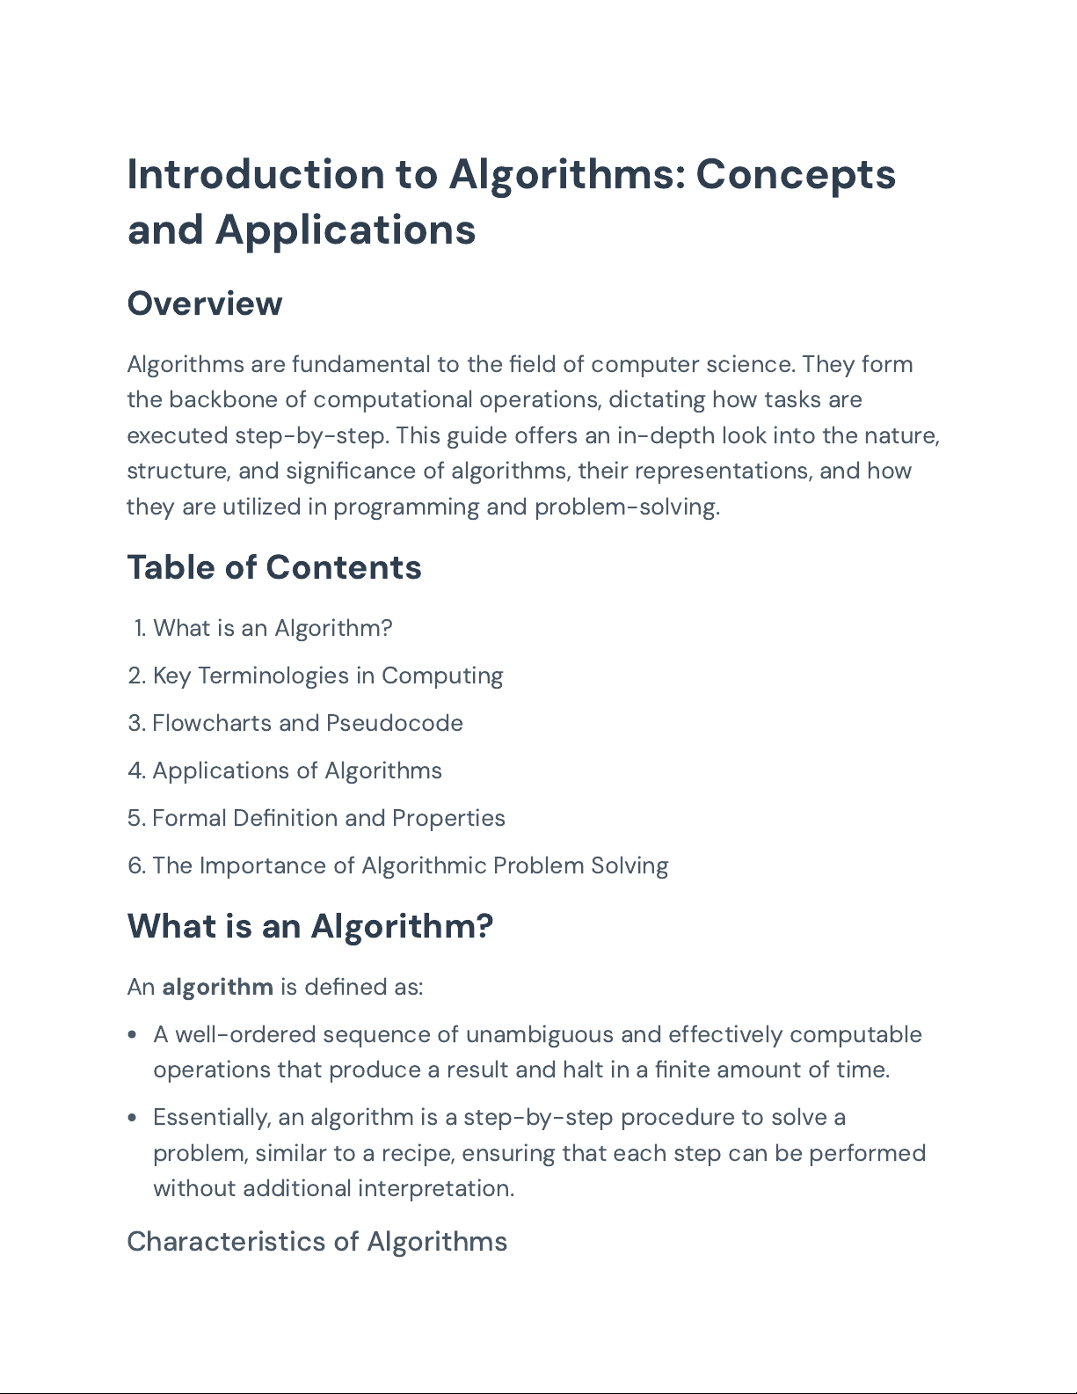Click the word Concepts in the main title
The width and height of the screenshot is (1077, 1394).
pos(796,174)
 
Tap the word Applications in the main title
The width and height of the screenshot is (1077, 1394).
pos(346,230)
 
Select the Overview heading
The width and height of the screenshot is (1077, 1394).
pos(204,303)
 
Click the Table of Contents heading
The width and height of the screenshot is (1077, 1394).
pos(274,567)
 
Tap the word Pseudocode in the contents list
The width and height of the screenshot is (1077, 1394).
pos(394,723)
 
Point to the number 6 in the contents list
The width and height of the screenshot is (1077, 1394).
pos(135,865)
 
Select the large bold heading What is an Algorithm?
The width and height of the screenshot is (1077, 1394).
pos(310,926)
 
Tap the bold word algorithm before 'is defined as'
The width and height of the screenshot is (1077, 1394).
pos(217,987)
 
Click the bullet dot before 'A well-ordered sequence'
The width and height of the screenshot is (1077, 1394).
pos(132,1035)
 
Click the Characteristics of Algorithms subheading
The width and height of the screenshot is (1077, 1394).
pos(317,1241)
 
